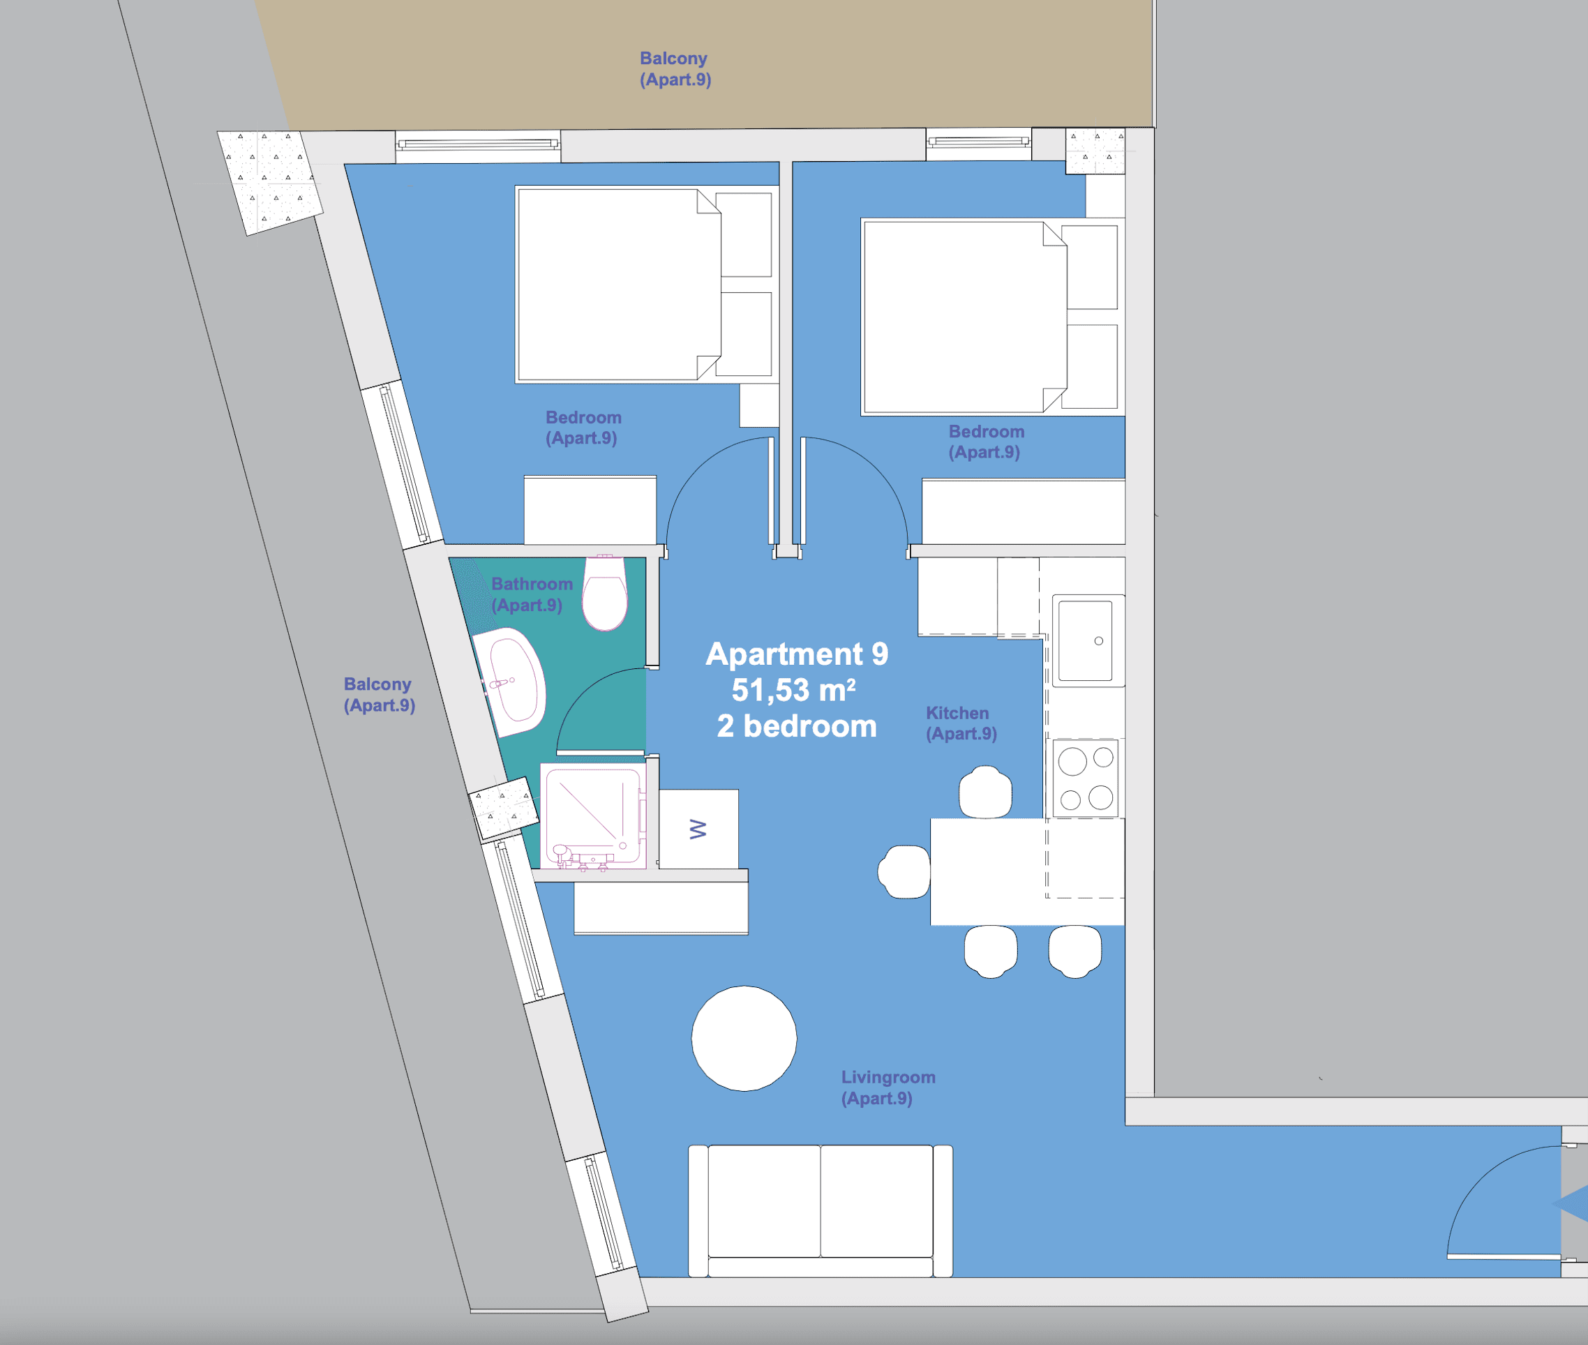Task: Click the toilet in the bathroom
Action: [x=605, y=593]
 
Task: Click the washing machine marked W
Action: [x=698, y=829]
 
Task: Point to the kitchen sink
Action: [x=1088, y=640]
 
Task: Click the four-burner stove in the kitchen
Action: [x=1086, y=779]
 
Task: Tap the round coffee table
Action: [x=744, y=1039]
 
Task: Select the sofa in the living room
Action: [x=820, y=1212]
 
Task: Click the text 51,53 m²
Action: [x=793, y=690]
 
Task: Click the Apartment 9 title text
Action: [x=797, y=654]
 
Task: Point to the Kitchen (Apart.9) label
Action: [x=961, y=723]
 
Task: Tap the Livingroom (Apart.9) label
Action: [x=887, y=1088]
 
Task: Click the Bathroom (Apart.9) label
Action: [x=532, y=594]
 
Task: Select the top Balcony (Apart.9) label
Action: [x=675, y=68]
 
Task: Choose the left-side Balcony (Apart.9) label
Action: [x=379, y=695]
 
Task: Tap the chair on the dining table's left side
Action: [x=904, y=871]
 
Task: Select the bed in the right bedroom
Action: [x=991, y=317]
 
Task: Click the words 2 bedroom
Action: [x=797, y=726]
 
